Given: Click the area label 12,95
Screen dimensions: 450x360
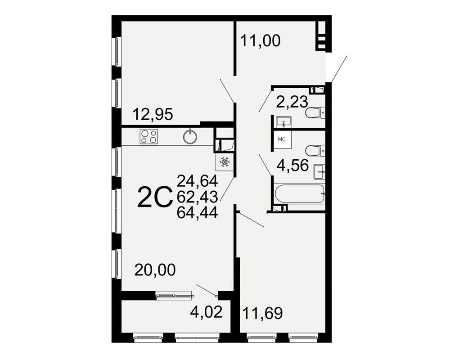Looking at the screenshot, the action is point(153,115).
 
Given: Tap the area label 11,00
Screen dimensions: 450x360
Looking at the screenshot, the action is point(260,41).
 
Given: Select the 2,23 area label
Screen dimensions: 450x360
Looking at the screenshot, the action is point(292,102).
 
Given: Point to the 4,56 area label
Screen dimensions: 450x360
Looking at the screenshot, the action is point(292,165).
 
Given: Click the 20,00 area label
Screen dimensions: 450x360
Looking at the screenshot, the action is point(155,270).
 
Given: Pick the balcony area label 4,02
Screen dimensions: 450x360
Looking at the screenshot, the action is point(207,312).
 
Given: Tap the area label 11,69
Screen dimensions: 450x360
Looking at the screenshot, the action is point(263,313).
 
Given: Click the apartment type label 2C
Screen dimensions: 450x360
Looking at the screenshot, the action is point(155,197).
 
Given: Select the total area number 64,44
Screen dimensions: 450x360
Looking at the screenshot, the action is point(198,213).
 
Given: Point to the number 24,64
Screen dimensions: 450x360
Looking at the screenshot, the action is point(198,181).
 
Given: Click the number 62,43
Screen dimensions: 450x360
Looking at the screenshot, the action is point(198,197).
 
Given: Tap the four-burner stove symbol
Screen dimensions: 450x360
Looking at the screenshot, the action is point(148,137).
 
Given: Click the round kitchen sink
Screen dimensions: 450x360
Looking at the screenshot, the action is point(190,136).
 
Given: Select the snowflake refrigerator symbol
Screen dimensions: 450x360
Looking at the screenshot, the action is point(225,162).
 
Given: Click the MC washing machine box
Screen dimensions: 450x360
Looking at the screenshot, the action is point(283,139).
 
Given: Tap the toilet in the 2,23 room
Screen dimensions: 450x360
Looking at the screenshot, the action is point(316,112).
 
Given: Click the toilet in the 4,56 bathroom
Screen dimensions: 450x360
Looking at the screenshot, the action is point(316,150).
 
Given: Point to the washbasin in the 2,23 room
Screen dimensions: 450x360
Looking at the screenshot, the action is point(283,121).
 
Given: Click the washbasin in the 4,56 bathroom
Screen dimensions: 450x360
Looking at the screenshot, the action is point(319,172).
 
